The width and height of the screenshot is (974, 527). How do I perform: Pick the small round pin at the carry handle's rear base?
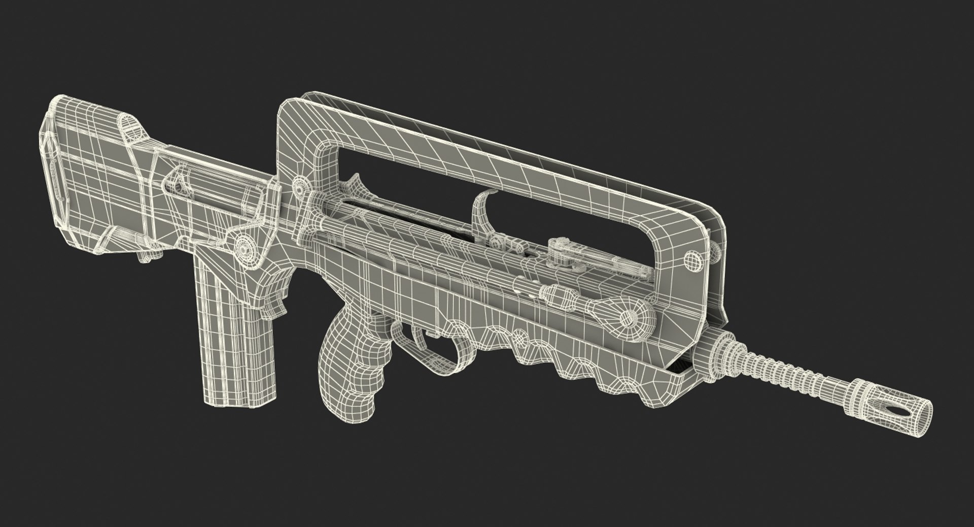click(x=303, y=188)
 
